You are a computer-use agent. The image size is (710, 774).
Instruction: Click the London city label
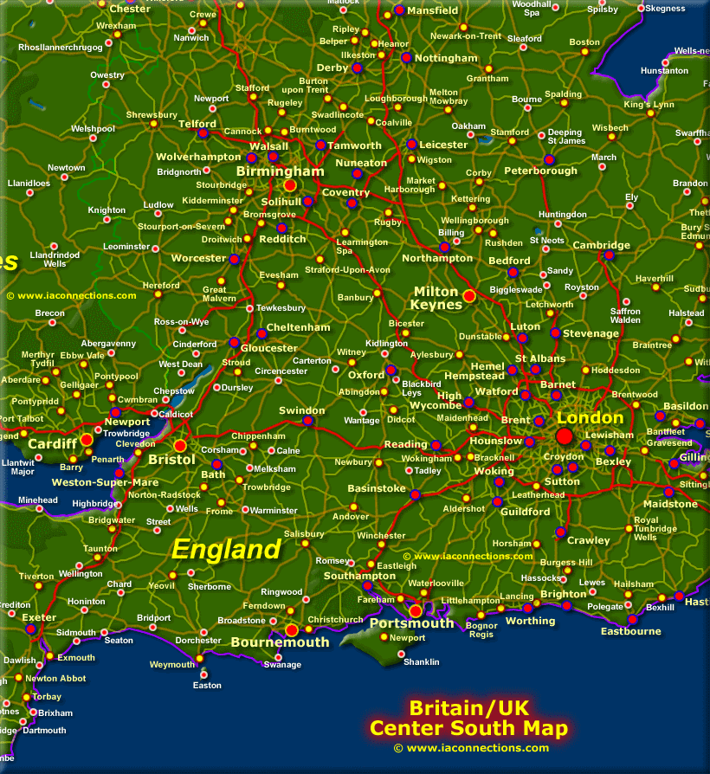590,418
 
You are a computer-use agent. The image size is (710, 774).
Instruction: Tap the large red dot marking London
565,435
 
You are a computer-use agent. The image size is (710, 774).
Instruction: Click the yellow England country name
226,549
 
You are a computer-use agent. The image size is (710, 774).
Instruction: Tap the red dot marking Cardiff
87,440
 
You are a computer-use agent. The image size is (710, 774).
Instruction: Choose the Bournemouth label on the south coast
280,642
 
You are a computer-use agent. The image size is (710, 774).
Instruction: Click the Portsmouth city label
411,623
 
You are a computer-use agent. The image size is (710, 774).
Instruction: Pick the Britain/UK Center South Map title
468,718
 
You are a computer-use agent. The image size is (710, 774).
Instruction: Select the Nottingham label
446,58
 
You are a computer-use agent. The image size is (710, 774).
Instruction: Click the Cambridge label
601,245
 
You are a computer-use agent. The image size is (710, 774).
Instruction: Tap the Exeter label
39,617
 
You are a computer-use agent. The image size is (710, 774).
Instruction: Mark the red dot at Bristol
180,445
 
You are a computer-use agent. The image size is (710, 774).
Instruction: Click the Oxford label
366,375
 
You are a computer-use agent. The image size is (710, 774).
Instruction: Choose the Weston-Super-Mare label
105,482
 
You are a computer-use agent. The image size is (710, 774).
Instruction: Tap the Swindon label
301,410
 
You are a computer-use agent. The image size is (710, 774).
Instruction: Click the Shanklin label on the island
422,662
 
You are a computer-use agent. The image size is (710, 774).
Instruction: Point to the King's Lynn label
649,105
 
